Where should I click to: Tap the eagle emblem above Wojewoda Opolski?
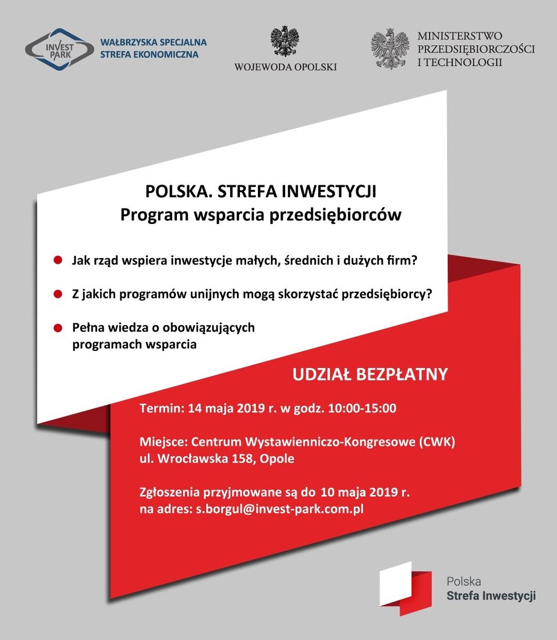point(285,41)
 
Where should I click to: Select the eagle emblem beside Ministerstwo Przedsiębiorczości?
point(390,49)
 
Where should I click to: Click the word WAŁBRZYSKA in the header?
point(126,42)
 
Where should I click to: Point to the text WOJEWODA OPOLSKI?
point(285,67)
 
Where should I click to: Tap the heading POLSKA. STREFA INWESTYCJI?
point(261,191)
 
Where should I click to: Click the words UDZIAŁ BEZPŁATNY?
point(370,374)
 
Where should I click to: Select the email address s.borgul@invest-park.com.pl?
point(279,509)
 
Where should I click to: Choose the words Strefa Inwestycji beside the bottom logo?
point(491,596)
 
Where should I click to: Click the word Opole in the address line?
point(277,459)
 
